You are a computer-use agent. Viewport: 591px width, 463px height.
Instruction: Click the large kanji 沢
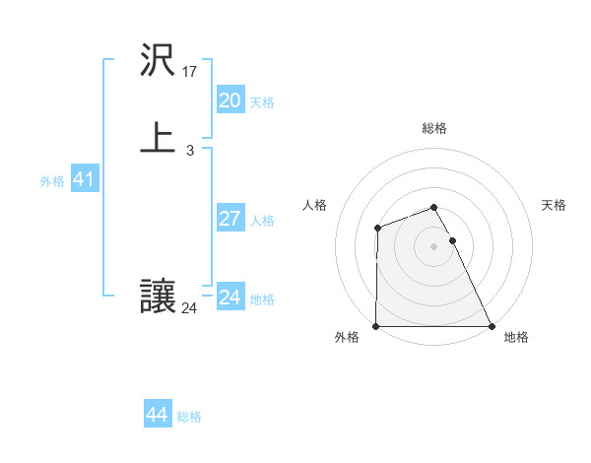159,61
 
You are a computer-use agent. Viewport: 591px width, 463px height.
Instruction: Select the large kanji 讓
159,297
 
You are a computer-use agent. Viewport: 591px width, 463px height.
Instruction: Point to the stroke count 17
191,72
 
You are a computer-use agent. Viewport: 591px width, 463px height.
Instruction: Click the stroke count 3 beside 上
190,151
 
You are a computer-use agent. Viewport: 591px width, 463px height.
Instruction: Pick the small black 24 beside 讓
189,308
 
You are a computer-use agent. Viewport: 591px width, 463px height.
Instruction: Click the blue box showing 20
230,99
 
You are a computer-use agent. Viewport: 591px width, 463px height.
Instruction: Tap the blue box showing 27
230,219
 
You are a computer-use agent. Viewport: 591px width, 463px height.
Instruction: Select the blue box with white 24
230,297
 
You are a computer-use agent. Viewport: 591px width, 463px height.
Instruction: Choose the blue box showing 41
84,179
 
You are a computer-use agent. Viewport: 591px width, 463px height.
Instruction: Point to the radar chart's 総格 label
434,128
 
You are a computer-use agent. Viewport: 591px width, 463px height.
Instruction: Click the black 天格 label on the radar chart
555,205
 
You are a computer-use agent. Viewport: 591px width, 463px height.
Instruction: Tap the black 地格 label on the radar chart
516,337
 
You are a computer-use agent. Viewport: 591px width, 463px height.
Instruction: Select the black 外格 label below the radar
347,337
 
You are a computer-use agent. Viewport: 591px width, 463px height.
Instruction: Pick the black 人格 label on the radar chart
315,205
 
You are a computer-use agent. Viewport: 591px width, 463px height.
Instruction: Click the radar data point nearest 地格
492,326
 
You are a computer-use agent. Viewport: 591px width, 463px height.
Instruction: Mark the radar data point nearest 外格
376,326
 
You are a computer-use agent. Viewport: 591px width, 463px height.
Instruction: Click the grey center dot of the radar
434,246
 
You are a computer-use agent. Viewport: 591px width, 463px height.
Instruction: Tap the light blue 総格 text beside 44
189,417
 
